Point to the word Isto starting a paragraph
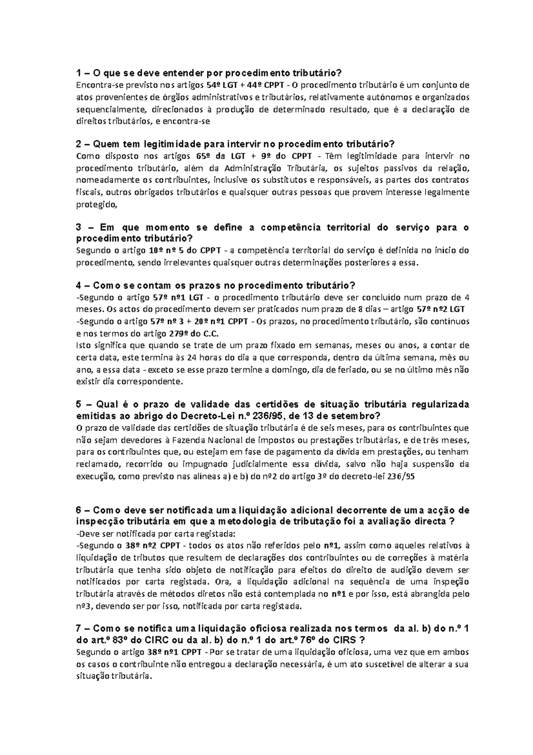click(x=83, y=345)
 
